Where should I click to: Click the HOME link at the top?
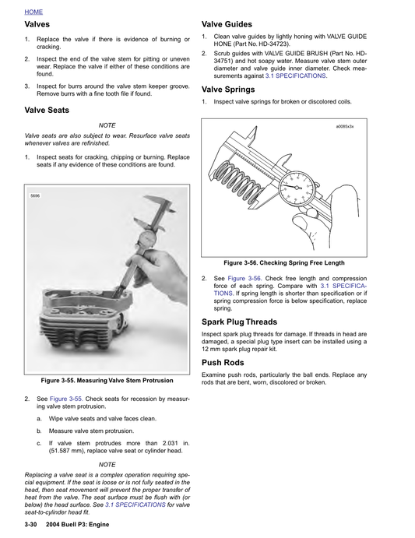click(33, 12)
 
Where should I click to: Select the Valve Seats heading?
click(51, 110)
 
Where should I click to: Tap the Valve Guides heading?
click(231, 24)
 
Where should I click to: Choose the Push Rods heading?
click(223, 363)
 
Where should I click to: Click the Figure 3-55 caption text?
click(107, 380)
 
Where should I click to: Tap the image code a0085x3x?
click(344, 126)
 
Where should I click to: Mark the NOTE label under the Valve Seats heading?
click(107, 125)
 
